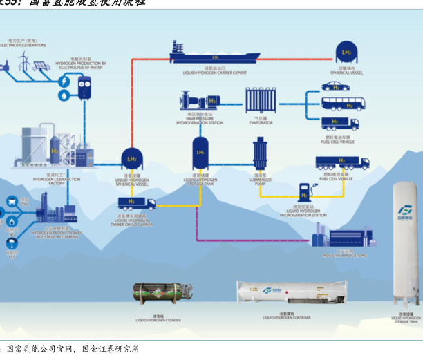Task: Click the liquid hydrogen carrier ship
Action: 214,54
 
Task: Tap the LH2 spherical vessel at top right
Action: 346,52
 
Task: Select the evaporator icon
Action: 261,105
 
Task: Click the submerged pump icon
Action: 261,154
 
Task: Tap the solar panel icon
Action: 40,66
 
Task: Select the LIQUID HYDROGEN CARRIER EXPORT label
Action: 214,72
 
